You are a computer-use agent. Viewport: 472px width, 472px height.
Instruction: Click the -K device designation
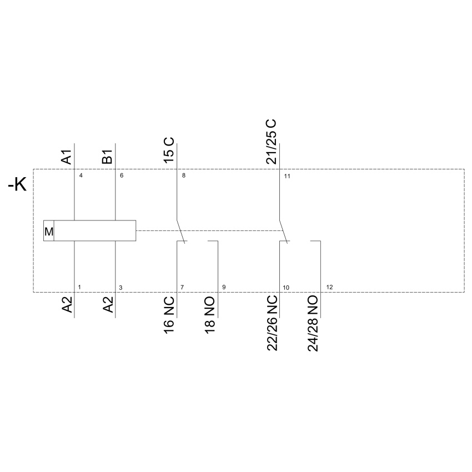point(17,184)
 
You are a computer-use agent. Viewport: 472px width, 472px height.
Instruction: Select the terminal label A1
point(67,157)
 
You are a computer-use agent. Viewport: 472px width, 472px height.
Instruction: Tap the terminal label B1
point(108,157)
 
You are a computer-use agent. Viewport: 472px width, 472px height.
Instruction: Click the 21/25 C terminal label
point(271,142)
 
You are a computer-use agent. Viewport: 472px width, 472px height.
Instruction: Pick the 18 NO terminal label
point(210,315)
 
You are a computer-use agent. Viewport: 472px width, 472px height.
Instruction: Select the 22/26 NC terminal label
point(272,323)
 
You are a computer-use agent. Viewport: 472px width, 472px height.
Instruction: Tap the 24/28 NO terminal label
point(313,323)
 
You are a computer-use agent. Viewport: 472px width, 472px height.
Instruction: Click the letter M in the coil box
point(49,232)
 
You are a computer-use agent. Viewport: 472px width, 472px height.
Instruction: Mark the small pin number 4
point(81,175)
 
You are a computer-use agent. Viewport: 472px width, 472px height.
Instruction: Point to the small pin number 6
point(122,175)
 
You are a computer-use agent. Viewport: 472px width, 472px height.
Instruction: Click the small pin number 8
point(184,175)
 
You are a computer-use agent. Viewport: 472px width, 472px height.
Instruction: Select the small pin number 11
point(287,176)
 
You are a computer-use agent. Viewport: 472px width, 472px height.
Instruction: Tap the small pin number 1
point(79,287)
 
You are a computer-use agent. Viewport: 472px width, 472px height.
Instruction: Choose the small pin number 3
point(120,288)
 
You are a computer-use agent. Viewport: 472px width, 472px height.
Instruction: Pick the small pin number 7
point(182,288)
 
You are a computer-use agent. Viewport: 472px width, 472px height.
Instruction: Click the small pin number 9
point(224,287)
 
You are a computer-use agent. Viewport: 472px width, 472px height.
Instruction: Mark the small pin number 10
point(286,288)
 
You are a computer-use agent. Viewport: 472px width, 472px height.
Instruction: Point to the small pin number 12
point(330,287)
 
